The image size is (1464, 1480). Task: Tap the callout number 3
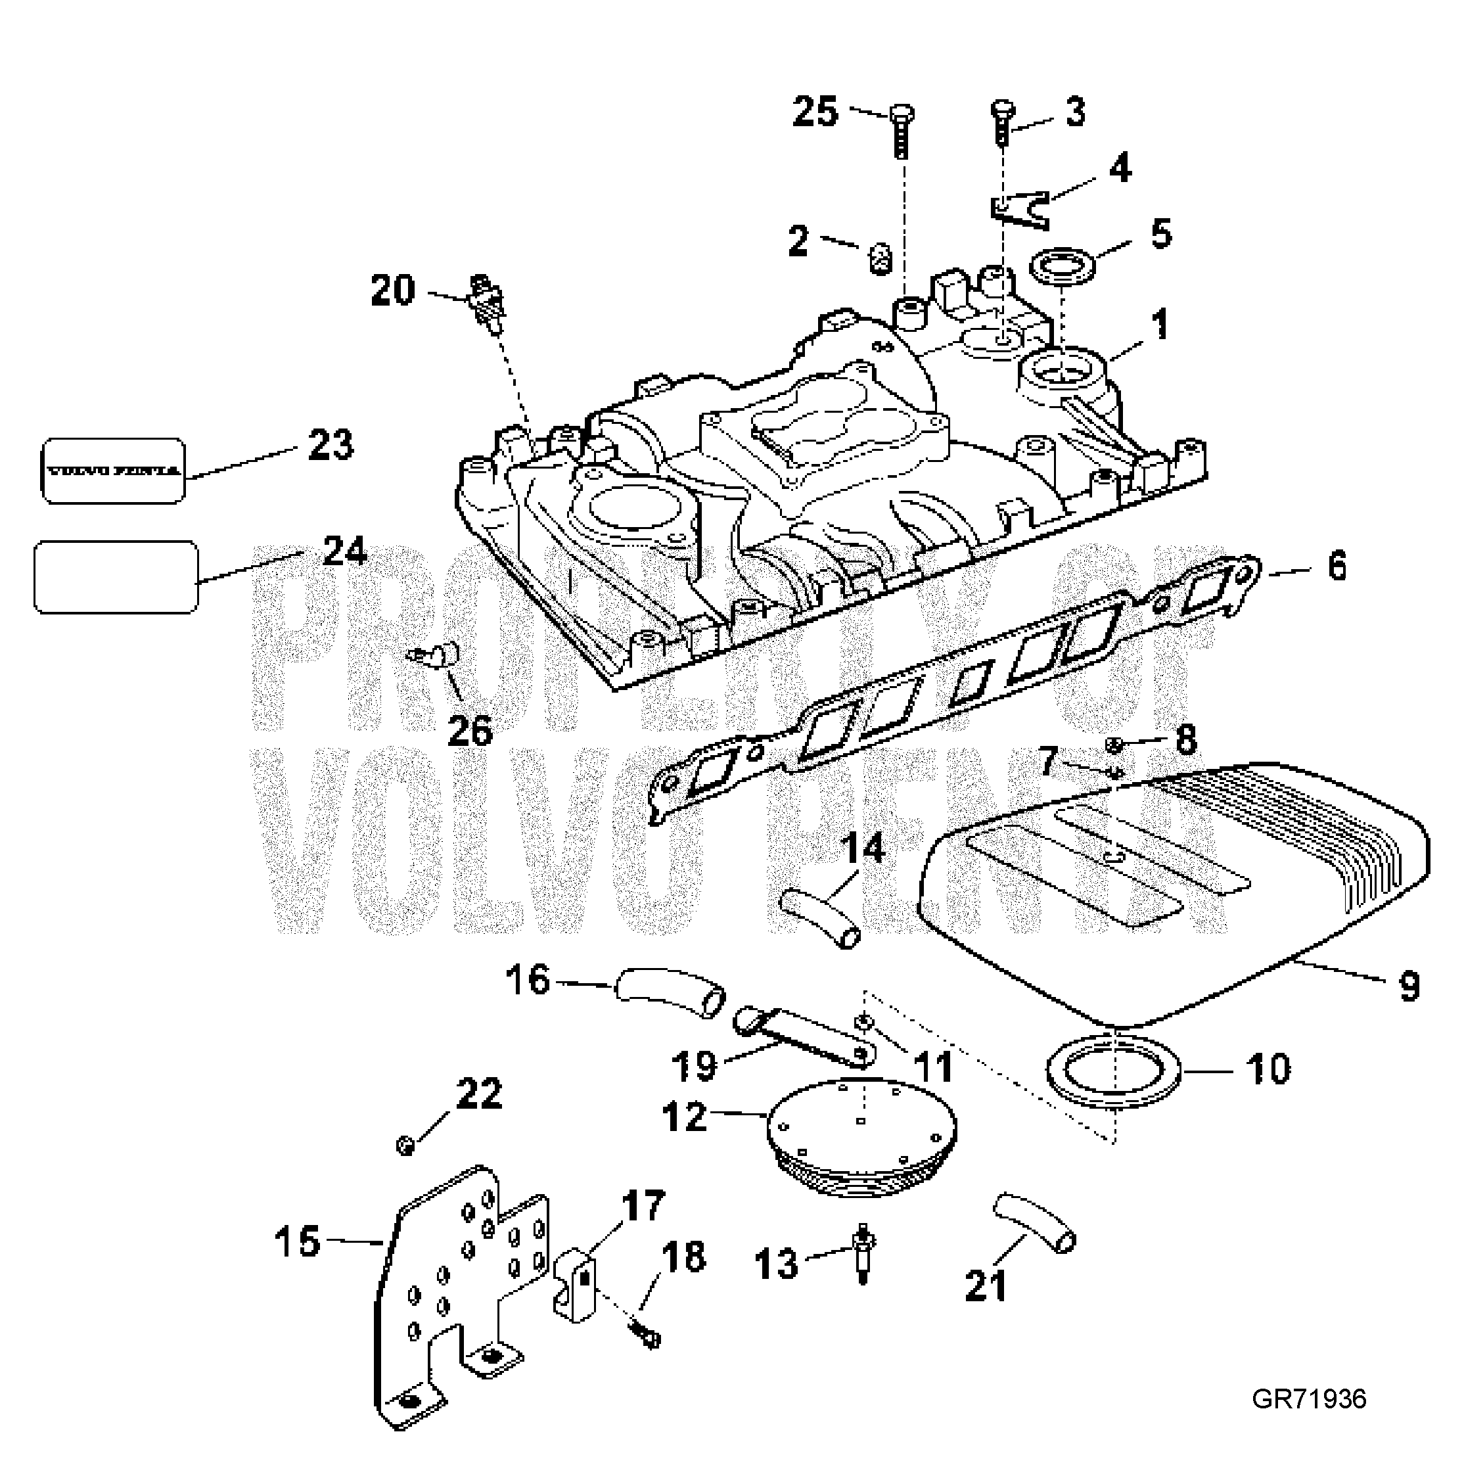pyautogui.click(x=1076, y=112)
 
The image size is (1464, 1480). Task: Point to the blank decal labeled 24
pyautogui.click(x=116, y=577)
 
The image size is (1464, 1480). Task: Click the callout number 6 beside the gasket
pyautogui.click(x=1336, y=568)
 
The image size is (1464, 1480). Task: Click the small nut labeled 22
pyautogui.click(x=405, y=1146)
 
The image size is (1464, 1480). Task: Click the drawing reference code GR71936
pyautogui.click(x=1308, y=1399)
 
